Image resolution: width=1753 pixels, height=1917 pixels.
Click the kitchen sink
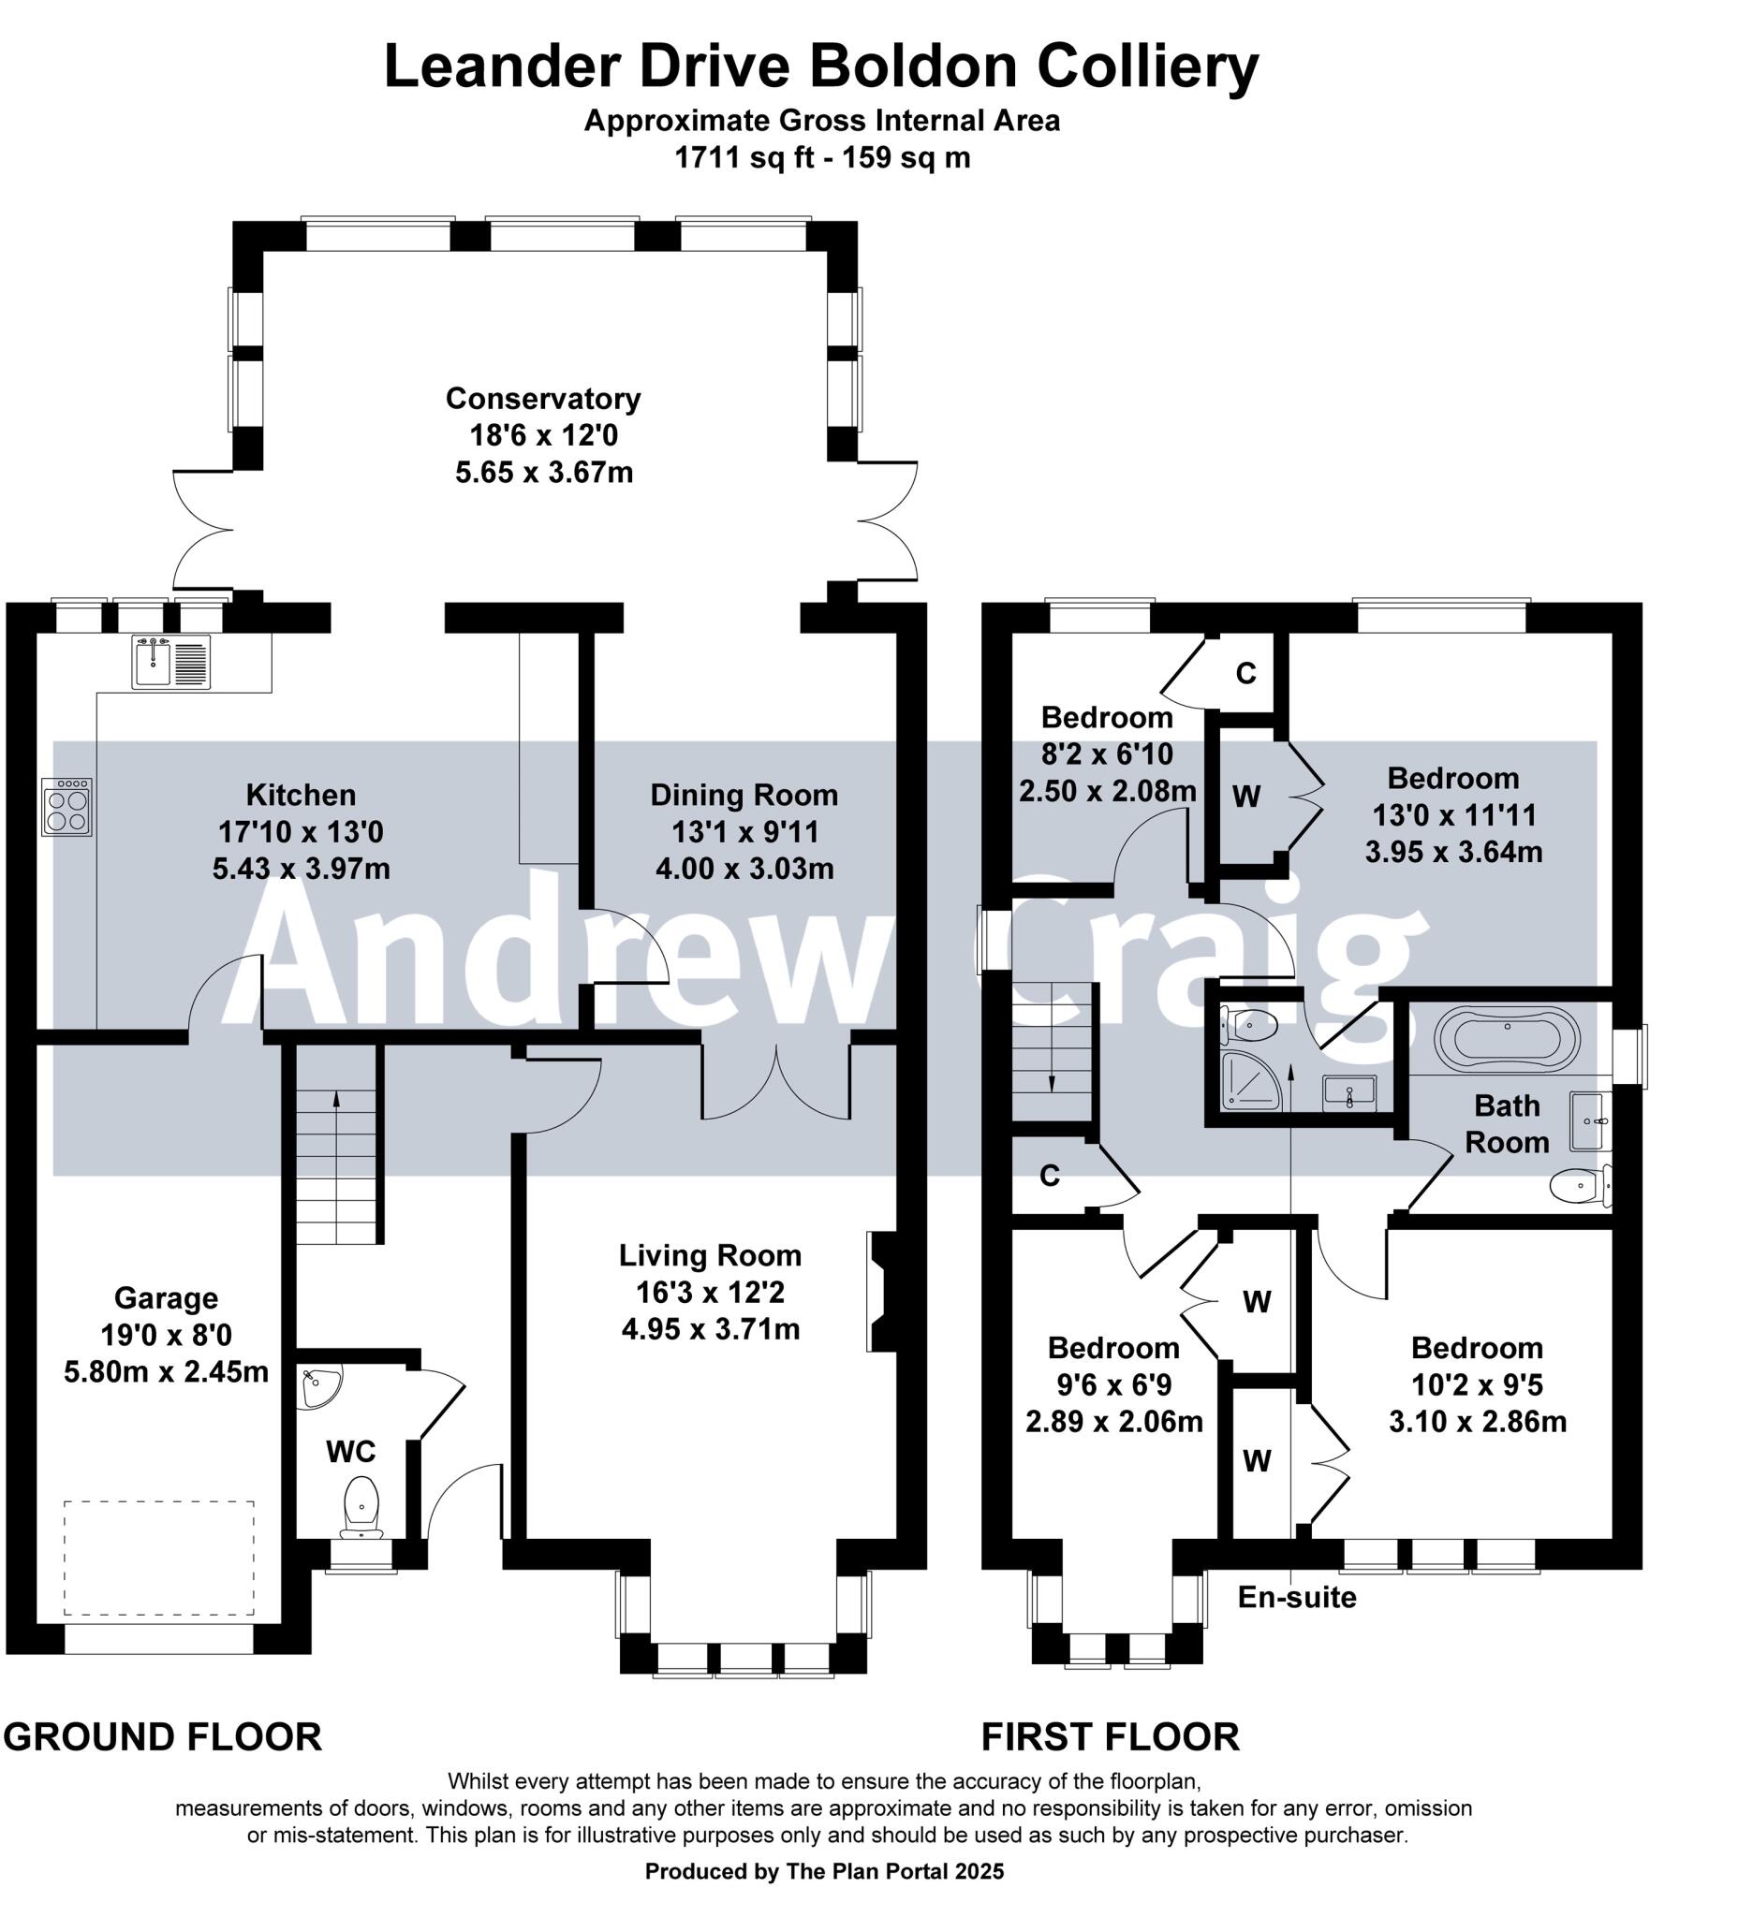(x=171, y=662)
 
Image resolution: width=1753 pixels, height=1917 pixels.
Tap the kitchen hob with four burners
(x=66, y=808)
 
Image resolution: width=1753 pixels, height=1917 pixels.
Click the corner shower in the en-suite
(x=1250, y=1081)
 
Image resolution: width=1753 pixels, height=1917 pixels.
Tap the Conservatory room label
(x=543, y=398)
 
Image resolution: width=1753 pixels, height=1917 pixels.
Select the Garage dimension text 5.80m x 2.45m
(x=167, y=1372)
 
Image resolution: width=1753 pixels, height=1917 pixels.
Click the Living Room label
(x=711, y=1255)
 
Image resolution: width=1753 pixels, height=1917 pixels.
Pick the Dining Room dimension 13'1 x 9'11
(x=744, y=832)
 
